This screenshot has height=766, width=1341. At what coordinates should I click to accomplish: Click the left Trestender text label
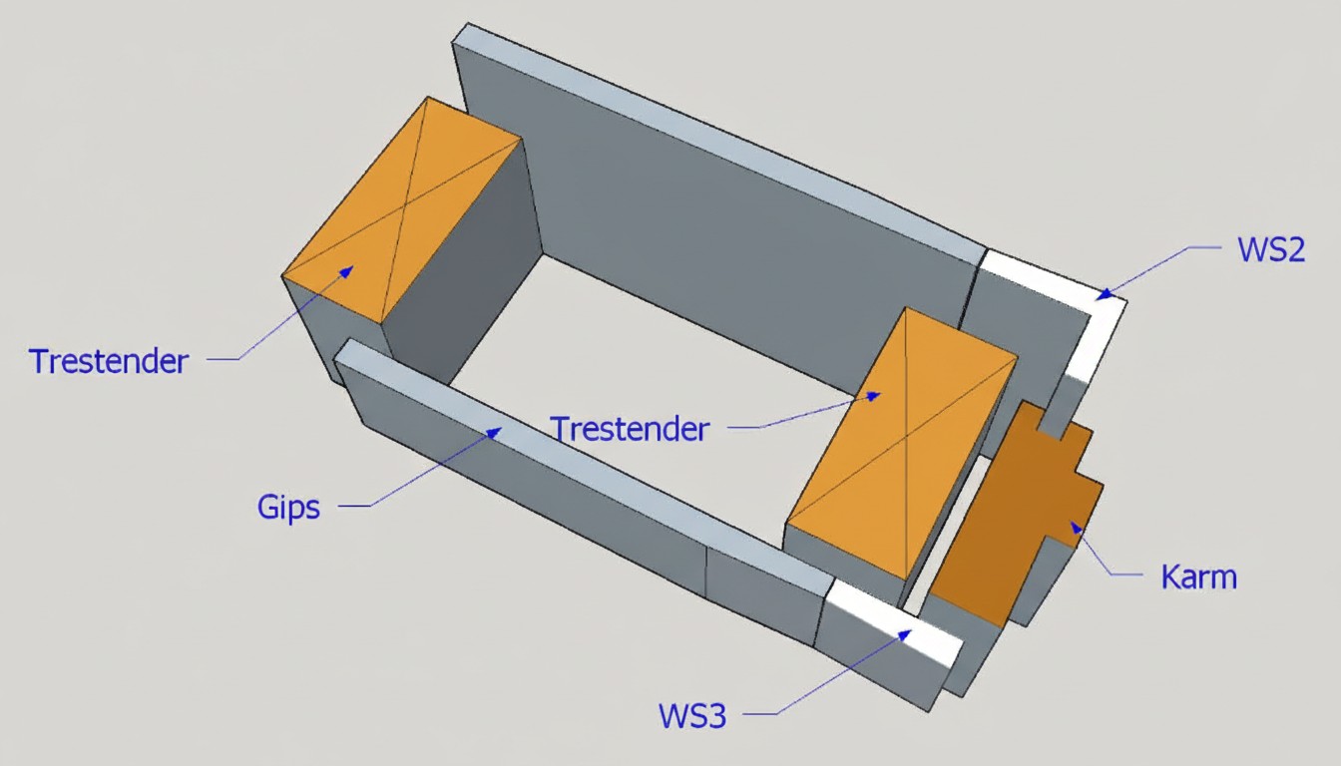[108, 360]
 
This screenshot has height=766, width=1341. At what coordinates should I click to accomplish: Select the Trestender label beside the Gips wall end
[630, 429]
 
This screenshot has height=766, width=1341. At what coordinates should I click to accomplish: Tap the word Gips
[288, 507]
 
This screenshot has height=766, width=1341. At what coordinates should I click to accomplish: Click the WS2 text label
[1270, 249]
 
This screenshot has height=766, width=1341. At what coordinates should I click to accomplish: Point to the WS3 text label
[691, 715]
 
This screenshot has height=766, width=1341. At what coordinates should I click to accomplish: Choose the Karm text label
[1198, 576]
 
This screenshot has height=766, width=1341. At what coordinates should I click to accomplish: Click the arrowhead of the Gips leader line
[494, 432]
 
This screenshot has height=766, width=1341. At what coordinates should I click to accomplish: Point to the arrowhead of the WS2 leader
[1103, 294]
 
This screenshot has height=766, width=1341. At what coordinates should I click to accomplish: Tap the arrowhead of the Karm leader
[1075, 525]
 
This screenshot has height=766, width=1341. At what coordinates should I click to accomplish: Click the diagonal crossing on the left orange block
[400, 209]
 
